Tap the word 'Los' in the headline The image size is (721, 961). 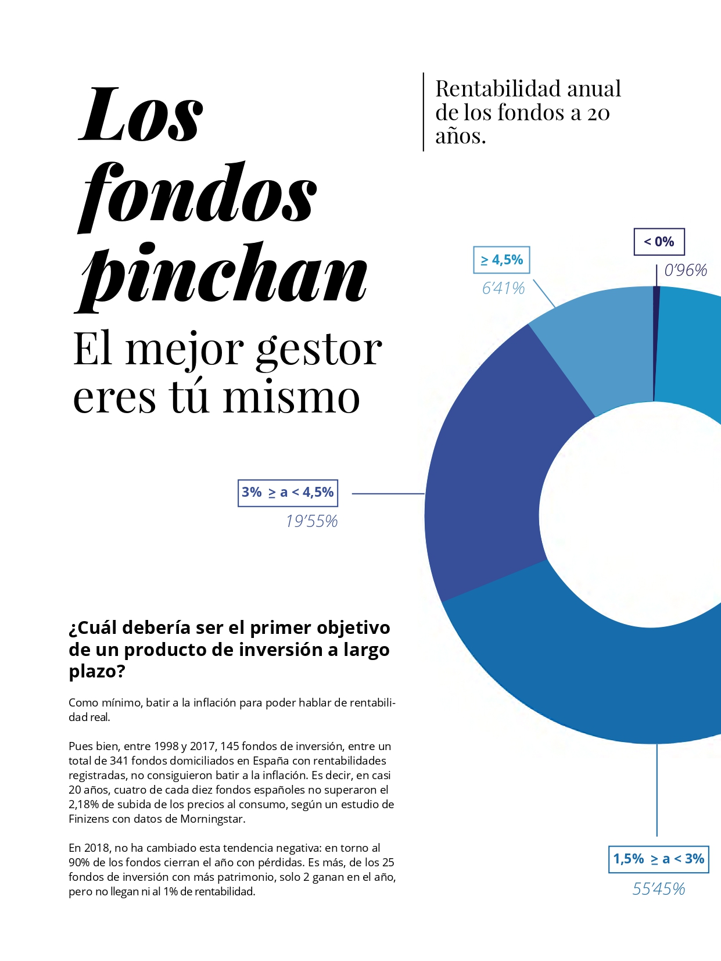141,114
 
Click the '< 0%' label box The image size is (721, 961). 659,242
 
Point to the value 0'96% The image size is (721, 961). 686,270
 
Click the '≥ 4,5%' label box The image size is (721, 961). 502,260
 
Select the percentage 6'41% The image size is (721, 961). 503,288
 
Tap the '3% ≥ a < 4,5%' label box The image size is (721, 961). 288,493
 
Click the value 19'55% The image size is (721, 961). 311,521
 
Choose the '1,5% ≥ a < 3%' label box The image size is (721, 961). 659,859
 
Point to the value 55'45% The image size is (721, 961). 659,889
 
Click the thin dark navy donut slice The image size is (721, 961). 656,343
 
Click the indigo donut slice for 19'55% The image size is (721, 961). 488,494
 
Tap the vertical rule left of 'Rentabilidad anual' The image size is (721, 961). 424,112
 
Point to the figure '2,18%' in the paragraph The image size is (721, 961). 84,804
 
